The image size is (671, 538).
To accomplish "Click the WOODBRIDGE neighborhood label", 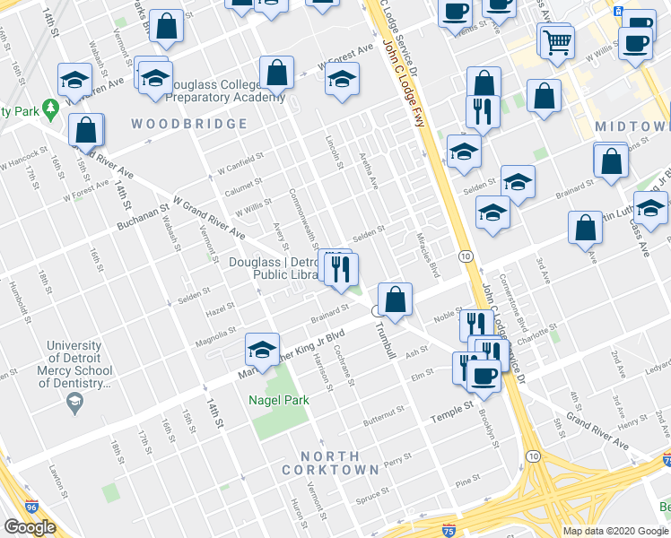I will point(189,124).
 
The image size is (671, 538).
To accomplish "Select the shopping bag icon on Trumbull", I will point(395,298).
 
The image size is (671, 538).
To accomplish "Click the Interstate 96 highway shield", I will point(31,507).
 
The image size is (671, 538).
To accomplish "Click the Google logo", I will point(30,526).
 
